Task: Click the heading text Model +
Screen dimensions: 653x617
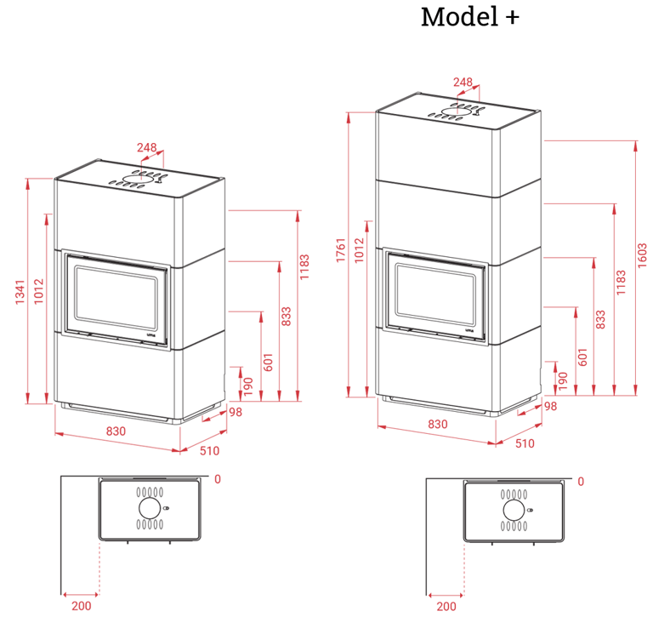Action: click(x=470, y=17)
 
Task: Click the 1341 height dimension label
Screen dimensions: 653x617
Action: click(x=20, y=292)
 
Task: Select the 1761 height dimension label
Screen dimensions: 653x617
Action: click(x=341, y=250)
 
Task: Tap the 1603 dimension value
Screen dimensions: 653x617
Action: click(x=642, y=255)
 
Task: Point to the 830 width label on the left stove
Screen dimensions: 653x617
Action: click(x=116, y=431)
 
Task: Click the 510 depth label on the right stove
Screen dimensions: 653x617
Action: click(x=525, y=443)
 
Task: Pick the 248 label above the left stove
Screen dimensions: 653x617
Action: click(x=146, y=147)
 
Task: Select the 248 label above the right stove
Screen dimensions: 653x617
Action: click(x=463, y=82)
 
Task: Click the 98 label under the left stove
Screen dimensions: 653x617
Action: click(x=236, y=412)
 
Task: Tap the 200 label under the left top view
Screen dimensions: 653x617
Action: click(x=82, y=605)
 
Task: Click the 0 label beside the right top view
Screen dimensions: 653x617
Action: click(x=581, y=482)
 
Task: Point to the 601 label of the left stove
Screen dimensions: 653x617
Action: click(x=268, y=362)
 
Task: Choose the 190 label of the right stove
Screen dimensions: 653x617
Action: click(x=563, y=380)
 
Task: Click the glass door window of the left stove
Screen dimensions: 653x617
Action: click(x=116, y=299)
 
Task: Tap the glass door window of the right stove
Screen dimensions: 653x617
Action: click(x=435, y=295)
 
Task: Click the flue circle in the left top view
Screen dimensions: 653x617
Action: click(x=150, y=508)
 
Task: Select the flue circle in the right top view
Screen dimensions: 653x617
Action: click(x=514, y=511)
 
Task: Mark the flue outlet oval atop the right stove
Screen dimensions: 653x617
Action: click(x=456, y=111)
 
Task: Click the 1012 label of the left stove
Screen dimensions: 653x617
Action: click(x=39, y=292)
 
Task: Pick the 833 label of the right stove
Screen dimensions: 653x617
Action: click(x=600, y=319)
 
